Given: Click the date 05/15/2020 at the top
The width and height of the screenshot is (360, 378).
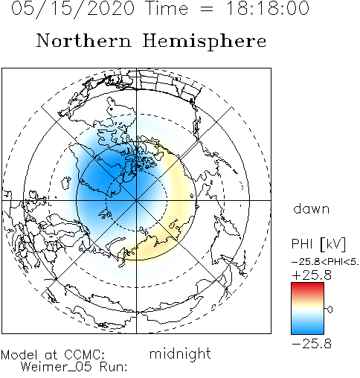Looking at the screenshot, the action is point(73,9).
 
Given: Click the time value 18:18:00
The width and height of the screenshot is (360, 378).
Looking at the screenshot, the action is point(268,8).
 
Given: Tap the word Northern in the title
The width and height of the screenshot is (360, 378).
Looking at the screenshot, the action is point(84,41).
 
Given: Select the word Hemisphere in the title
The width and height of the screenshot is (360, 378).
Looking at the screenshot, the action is point(205,41).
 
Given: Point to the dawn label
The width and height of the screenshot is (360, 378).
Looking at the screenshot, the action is point(311,209).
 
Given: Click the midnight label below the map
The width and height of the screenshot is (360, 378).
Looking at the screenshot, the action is point(180,353).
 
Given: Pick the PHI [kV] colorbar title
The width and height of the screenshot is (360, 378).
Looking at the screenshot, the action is point(318,244).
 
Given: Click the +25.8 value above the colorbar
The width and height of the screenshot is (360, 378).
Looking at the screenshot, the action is point(312,275).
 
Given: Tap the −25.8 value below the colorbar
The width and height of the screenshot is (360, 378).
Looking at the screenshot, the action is point(312,344).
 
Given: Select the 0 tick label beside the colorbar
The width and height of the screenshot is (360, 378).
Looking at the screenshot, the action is point(330,310).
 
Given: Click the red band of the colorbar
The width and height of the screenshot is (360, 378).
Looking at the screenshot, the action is point(307,288).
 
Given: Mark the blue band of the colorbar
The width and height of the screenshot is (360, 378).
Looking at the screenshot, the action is point(307,326).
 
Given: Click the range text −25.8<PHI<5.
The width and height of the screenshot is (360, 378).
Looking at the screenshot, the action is point(325,262).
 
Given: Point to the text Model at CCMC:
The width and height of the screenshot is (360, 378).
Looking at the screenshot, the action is point(53,355).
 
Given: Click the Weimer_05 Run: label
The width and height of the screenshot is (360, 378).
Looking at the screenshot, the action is point(74,367).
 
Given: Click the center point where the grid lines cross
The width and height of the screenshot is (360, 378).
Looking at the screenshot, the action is point(136,200).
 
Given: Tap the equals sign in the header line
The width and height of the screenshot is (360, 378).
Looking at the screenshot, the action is point(206,9).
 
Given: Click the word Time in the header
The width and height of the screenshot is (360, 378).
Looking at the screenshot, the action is point(167,8).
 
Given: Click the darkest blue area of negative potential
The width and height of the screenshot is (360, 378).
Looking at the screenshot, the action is point(104,173).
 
